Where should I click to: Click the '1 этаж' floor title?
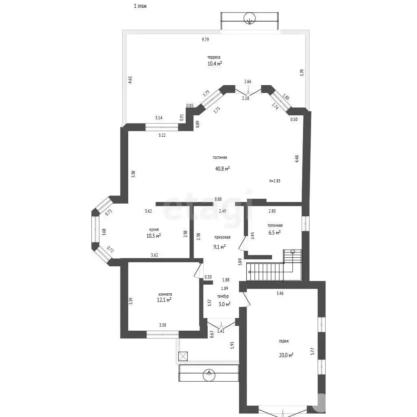pyautogui.click(x=140, y=6)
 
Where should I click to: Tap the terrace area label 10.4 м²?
pyautogui.click(x=215, y=64)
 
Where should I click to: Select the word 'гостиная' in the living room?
pyautogui.click(x=219, y=158)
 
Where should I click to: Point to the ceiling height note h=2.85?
pyautogui.click(x=275, y=181)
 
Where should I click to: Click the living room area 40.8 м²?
pyautogui.click(x=222, y=169)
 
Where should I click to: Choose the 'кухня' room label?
pyautogui.click(x=154, y=230)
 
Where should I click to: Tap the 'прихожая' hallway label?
pyautogui.click(x=222, y=237)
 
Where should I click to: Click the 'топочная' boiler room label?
pyautogui.click(x=275, y=226)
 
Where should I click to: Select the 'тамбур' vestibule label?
pyautogui.click(x=223, y=296)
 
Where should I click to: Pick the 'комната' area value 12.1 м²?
pyautogui.click(x=164, y=300)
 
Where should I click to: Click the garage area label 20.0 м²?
pyautogui.click(x=286, y=355)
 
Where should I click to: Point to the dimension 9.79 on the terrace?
pyautogui.click(x=205, y=40)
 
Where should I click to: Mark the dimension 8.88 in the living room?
pyautogui.click(x=218, y=199)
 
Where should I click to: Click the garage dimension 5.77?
pyautogui.click(x=313, y=351)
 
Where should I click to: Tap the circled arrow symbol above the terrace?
pyautogui.click(x=250, y=18)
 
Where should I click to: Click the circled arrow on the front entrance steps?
pyautogui.click(x=209, y=375)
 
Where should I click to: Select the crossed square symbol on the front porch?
pyautogui.click(x=183, y=356)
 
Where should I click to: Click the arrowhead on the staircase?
pyautogui.click(x=250, y=272)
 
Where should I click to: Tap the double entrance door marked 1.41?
pyautogui.click(x=221, y=325)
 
